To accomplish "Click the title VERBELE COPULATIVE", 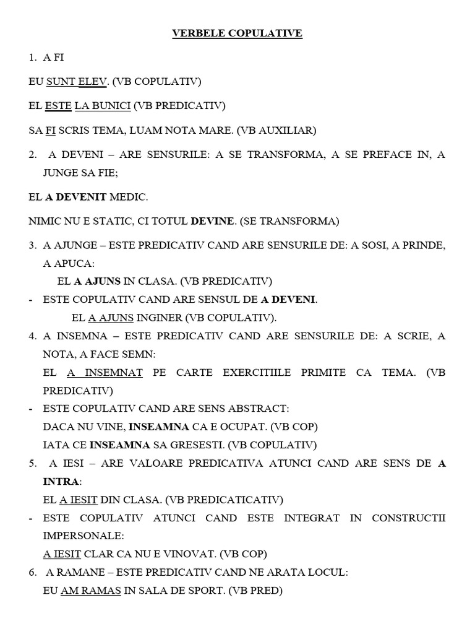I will (237, 33).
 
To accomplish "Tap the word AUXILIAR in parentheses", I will (286, 130).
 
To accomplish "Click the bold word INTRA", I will (61, 481).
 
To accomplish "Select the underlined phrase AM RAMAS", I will (90, 591).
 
